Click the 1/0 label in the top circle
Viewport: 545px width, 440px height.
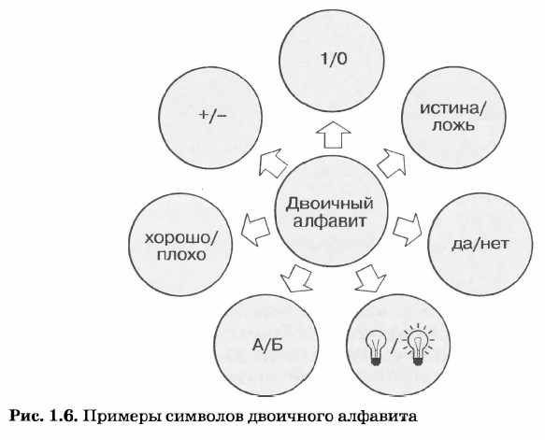(334, 60)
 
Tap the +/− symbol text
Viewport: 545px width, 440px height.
(213, 115)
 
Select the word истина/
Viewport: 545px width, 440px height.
(454, 108)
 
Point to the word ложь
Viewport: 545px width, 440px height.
(452, 125)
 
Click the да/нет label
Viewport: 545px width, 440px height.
(480, 244)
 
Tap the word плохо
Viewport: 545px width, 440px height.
(181, 255)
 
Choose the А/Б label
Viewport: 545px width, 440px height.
(266, 346)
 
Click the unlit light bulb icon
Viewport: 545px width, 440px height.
(376, 346)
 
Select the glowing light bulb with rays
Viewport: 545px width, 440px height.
(418, 345)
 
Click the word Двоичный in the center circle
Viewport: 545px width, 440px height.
(329, 204)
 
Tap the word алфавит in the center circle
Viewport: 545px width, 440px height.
(330, 221)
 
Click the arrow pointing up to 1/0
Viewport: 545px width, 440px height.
(333, 135)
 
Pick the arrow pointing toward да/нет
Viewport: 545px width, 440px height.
(408, 230)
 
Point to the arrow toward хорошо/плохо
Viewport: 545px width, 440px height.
(255, 230)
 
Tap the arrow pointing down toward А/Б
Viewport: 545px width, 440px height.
(296, 278)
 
